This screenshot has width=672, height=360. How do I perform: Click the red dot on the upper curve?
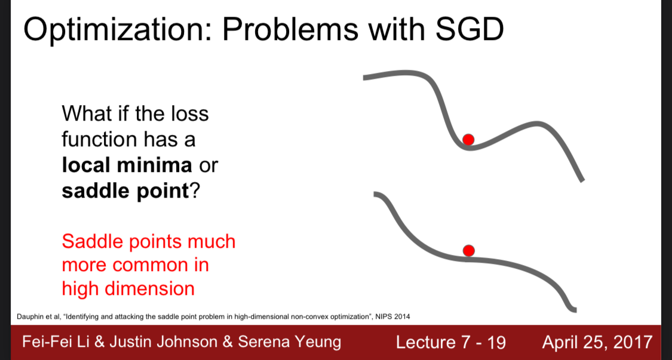(468, 139)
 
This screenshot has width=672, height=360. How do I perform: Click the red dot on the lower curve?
(469, 250)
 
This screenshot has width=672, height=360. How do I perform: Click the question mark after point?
(194, 192)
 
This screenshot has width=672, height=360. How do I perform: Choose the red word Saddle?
(90, 242)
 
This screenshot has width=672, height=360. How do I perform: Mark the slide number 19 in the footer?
(496, 342)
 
